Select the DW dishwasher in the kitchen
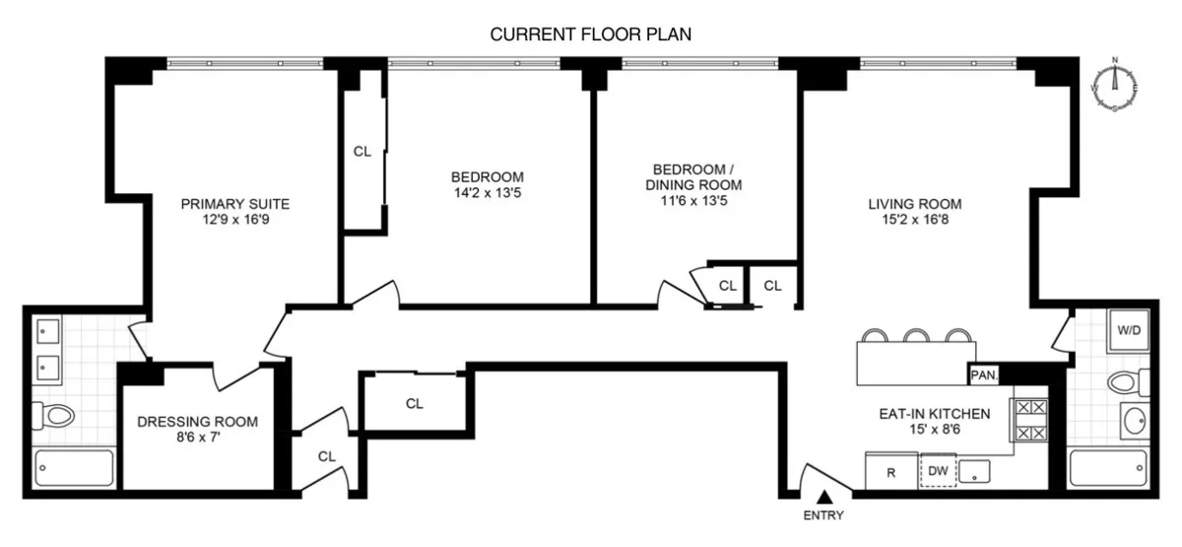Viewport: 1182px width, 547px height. (x=938, y=471)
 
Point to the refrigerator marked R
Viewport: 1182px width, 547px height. (x=891, y=472)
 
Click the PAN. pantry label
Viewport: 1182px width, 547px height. (x=984, y=375)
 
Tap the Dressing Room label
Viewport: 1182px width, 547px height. (x=197, y=422)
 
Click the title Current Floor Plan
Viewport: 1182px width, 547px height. (x=591, y=34)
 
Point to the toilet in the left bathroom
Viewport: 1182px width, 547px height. (x=55, y=417)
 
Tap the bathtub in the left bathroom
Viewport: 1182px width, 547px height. (x=74, y=466)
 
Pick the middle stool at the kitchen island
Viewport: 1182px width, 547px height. (x=918, y=337)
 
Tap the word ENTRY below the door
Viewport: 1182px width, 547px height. (x=823, y=514)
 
